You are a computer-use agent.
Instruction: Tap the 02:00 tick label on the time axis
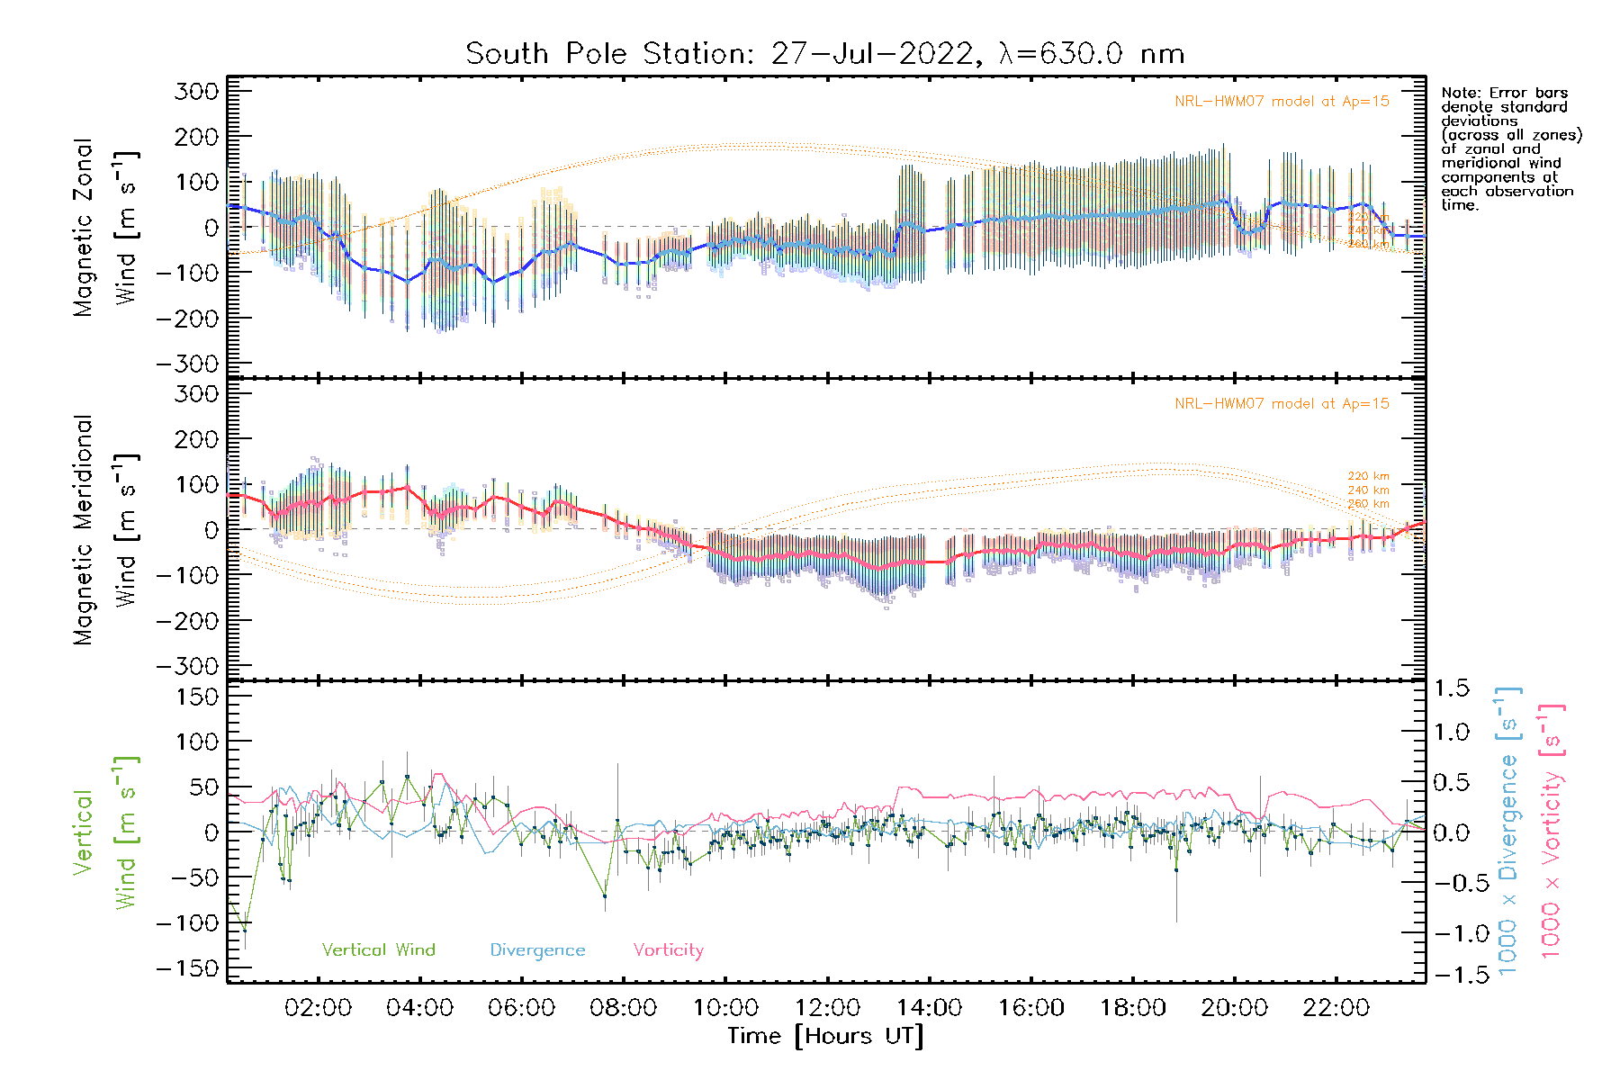click(x=318, y=1008)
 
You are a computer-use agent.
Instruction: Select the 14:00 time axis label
click(x=929, y=1008)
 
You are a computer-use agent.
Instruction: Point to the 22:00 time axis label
click(x=1336, y=1008)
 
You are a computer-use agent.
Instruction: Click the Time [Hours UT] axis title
click(x=825, y=1037)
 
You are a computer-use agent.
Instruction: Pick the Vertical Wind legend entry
click(x=378, y=949)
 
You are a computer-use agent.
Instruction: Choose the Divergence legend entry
click(x=537, y=950)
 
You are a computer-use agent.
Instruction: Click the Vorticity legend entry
click(x=668, y=949)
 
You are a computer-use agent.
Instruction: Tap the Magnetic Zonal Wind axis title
click(x=105, y=227)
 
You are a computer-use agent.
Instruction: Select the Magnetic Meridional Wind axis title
click(x=105, y=530)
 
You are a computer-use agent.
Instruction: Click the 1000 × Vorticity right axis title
click(x=1551, y=831)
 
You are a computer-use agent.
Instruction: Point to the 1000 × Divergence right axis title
click(x=1508, y=831)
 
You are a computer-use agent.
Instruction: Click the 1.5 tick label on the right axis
click(x=1451, y=688)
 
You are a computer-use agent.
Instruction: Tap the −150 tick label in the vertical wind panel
click(x=186, y=968)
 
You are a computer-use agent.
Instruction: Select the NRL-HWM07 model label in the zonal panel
click(x=1282, y=102)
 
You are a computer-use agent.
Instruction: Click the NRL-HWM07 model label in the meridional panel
click(x=1282, y=404)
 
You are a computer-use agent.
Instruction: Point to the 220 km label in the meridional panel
click(x=1368, y=476)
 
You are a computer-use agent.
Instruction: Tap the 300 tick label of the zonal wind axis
click(x=196, y=91)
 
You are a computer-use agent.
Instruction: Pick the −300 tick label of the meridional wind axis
click(x=186, y=666)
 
